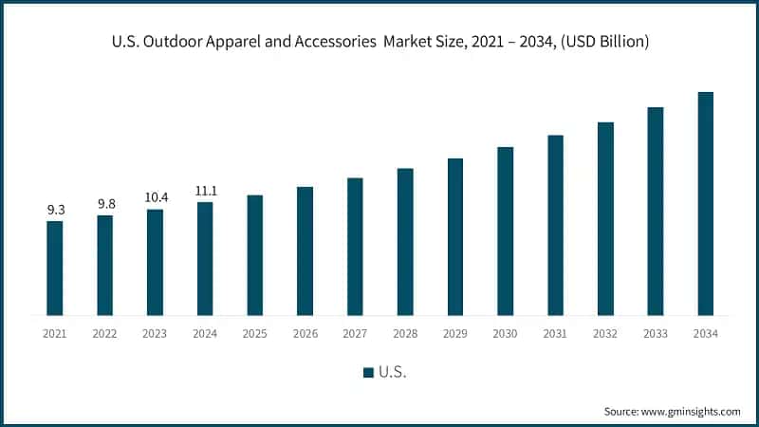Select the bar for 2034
705,203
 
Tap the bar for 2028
405,241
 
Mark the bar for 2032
605,218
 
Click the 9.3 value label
55,209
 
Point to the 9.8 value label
105,203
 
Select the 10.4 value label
155,196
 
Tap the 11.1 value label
205,190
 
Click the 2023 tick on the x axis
155,333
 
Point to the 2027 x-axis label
355,333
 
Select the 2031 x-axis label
555,333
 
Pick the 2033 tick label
656,333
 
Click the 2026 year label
305,333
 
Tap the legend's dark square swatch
368,373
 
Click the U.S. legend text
393,373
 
